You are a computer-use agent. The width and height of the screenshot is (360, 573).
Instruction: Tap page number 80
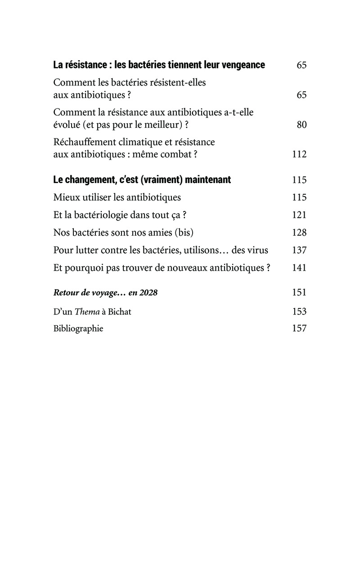301,125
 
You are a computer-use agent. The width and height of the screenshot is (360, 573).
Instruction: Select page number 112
299,154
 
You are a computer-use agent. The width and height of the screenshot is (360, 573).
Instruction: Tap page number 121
299,215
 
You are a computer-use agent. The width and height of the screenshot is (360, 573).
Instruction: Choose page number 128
299,232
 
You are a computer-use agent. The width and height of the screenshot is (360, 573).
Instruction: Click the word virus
258,250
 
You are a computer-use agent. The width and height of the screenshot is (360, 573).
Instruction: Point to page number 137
299,250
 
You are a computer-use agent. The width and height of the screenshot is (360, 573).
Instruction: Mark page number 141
299,268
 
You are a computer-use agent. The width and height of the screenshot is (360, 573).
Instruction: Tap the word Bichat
119,311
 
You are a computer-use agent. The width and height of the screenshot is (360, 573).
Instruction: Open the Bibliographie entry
78,328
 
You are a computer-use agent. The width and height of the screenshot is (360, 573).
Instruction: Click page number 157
299,328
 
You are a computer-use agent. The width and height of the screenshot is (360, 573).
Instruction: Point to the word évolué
67,125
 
